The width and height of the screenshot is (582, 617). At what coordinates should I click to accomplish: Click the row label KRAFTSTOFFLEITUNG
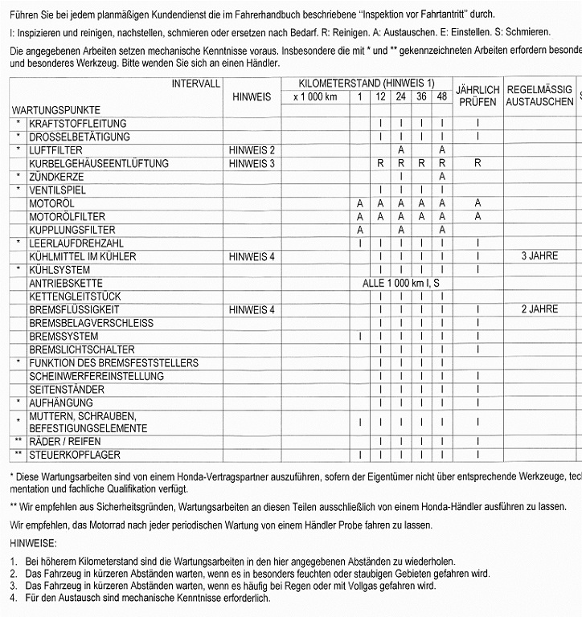pyautogui.click(x=77, y=124)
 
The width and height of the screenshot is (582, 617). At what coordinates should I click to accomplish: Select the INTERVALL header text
pyautogui.click(x=195, y=84)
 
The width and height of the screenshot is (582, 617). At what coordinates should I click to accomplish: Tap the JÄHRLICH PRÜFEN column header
pyautogui.click(x=477, y=96)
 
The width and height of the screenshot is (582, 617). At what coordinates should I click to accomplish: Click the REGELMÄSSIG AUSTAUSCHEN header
pyautogui.click(x=539, y=96)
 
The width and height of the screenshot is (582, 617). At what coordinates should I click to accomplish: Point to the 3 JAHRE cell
pyautogui.click(x=539, y=256)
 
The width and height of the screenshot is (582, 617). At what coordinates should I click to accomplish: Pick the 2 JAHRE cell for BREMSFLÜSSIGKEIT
pyautogui.click(x=539, y=309)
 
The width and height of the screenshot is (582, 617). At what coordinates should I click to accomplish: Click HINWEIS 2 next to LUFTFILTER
pyautogui.click(x=252, y=150)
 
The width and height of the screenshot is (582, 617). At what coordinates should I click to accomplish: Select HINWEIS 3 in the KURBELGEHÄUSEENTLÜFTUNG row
pyautogui.click(x=252, y=164)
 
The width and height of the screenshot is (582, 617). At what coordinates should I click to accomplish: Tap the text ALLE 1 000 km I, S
pyautogui.click(x=401, y=284)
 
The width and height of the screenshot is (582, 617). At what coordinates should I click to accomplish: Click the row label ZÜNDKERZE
pyautogui.click(x=55, y=177)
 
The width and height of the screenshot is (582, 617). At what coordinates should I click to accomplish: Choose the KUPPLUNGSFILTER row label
pyautogui.click(x=72, y=230)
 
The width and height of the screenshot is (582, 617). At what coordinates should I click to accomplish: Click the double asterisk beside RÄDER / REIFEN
pyautogui.click(x=18, y=442)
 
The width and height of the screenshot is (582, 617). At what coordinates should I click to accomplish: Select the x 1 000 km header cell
pyautogui.click(x=315, y=97)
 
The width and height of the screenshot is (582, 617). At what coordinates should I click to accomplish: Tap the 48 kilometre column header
pyautogui.click(x=441, y=97)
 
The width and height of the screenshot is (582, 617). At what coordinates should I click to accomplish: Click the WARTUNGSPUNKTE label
pyautogui.click(x=55, y=109)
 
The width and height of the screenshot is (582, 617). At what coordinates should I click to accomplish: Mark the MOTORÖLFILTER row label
pyautogui.click(x=67, y=217)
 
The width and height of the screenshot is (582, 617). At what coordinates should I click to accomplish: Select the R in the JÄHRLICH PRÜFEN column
pyautogui.click(x=477, y=164)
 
